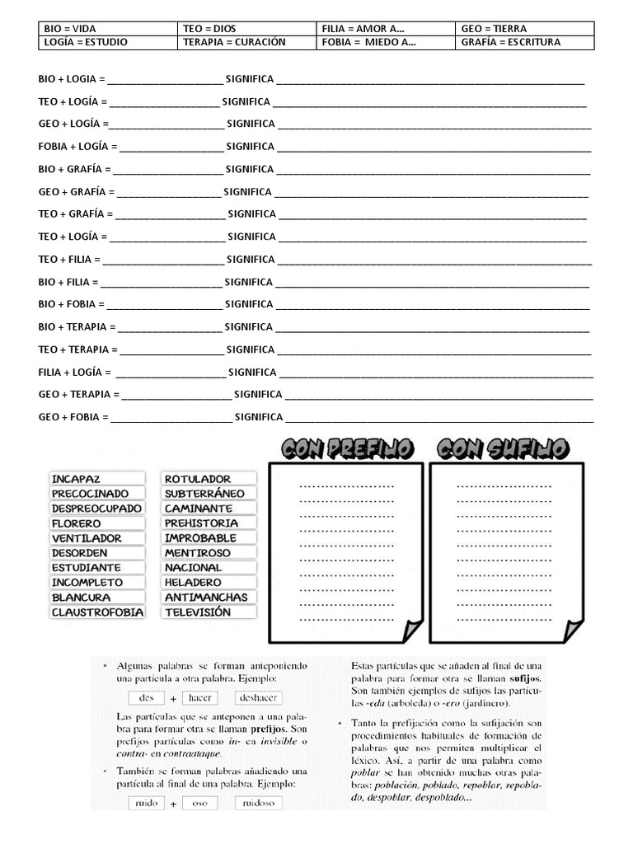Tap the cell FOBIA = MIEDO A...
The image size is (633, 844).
[368, 42]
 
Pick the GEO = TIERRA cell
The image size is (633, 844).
[494, 28]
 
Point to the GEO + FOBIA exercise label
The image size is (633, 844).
[73, 417]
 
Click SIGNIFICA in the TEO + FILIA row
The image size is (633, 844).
[251, 259]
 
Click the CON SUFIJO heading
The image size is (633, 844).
[502, 448]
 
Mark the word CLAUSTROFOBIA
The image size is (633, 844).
[96, 612]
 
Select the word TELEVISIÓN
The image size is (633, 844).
[198, 612]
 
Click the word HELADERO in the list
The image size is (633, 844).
[193, 583]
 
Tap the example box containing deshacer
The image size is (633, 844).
[258, 697]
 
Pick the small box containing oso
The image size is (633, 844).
[199, 802]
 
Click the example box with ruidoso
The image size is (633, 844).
[258, 802]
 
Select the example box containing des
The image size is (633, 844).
[147, 697]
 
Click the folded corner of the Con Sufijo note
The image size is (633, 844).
[570, 630]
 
